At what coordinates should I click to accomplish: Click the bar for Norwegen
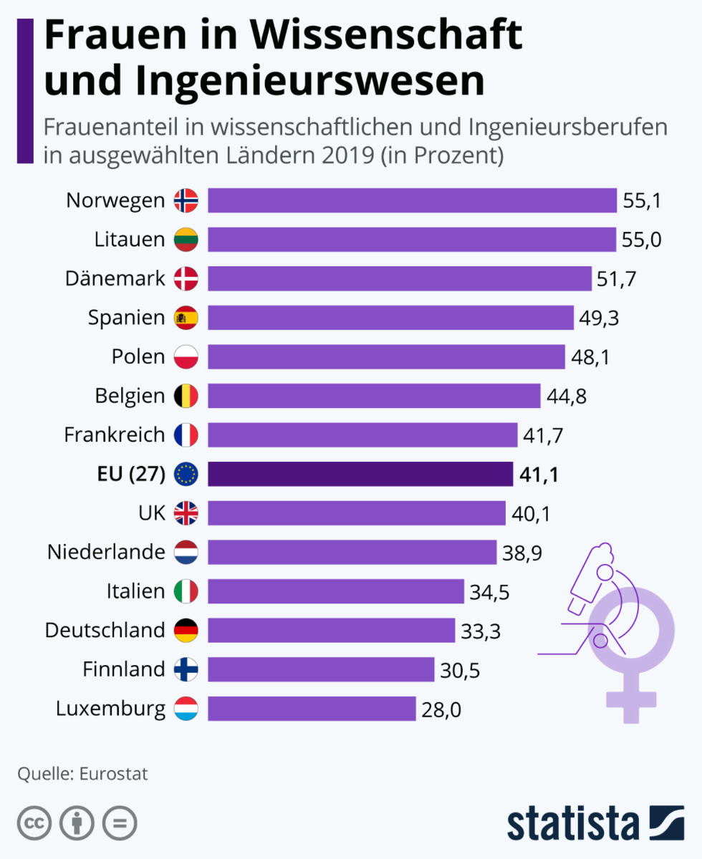[412, 200]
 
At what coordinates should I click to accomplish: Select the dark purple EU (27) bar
[360, 474]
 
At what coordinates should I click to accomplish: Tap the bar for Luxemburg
[312, 709]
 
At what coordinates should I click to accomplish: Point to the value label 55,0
[642, 240]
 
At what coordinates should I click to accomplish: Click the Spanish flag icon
[186, 317]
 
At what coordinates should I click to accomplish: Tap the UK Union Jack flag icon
[186, 513]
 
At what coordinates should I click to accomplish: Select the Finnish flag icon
[186, 669]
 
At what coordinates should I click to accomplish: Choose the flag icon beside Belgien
[186, 396]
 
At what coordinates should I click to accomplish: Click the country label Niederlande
[106, 552]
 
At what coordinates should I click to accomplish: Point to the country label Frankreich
[115, 435]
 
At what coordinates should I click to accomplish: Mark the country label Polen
[138, 356]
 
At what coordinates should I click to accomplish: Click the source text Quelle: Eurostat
[82, 774]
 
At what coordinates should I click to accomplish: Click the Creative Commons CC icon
[34, 823]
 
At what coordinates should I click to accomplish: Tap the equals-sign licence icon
[120, 823]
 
